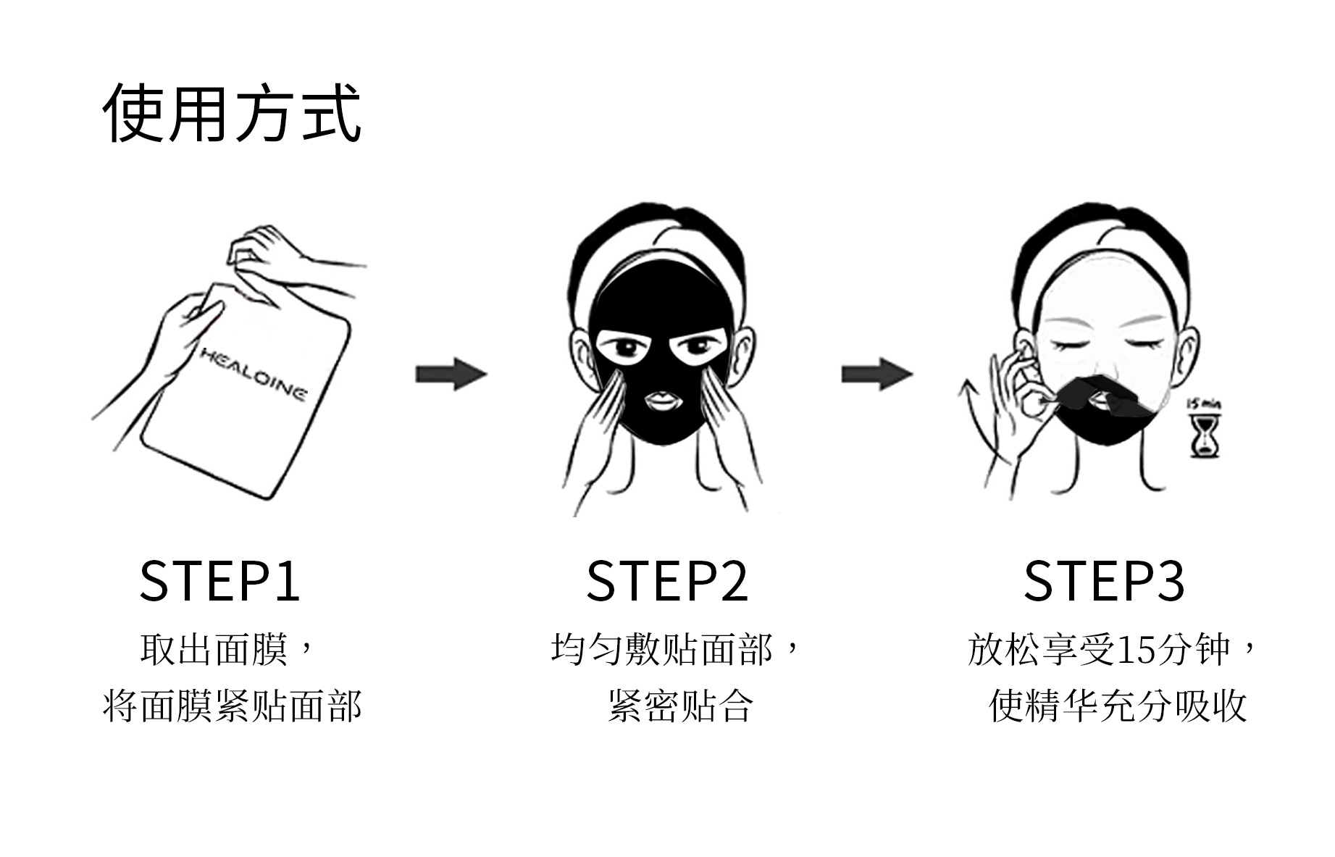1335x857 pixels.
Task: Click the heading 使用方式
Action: [x=232, y=113]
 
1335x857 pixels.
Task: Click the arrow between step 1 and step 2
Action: [x=451, y=374]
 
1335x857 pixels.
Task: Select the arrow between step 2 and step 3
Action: [x=876, y=374]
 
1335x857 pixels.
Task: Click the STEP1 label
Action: [x=219, y=581]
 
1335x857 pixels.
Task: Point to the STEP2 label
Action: [x=666, y=581]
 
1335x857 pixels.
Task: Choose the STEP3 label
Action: [x=1104, y=581]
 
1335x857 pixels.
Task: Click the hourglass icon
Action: [x=1204, y=435]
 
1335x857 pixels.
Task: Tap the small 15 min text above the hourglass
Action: [x=1203, y=404]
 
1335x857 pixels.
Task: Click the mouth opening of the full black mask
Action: [x=660, y=400]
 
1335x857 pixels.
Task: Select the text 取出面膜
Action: [x=214, y=649]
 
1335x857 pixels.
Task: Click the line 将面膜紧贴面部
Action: [x=232, y=706]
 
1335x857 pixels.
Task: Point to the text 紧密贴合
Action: [x=680, y=706]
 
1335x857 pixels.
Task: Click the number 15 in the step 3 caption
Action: [x=1134, y=650]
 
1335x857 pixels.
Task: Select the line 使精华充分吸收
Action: [x=1117, y=706]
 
